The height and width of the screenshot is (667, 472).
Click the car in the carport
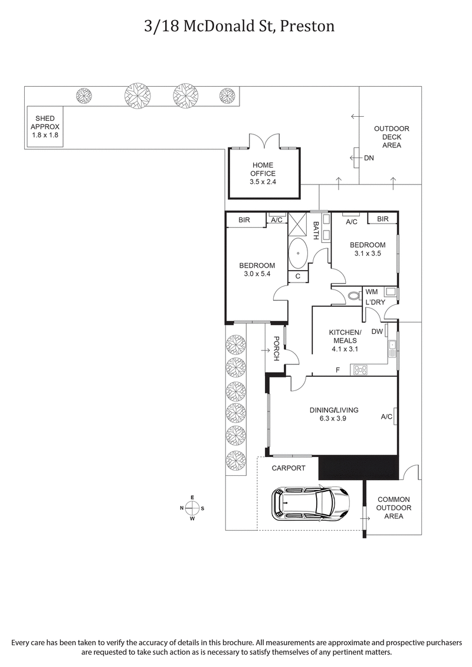coord(309,503)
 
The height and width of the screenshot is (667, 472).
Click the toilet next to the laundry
coord(354,296)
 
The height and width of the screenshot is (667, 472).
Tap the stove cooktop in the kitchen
coord(359,370)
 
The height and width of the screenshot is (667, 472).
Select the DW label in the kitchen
coord(377,331)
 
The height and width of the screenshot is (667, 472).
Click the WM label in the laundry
coord(372,291)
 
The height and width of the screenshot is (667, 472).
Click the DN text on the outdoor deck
coord(369,158)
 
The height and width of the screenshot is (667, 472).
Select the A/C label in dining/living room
coord(386,417)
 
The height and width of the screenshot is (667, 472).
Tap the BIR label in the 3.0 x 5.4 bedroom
coord(244,220)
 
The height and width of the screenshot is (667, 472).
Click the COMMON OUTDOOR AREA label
coord(394,507)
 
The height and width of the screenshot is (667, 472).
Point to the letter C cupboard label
coord(298,276)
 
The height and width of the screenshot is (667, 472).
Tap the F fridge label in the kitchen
coord(337,370)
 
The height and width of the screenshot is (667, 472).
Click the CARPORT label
coord(289,468)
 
